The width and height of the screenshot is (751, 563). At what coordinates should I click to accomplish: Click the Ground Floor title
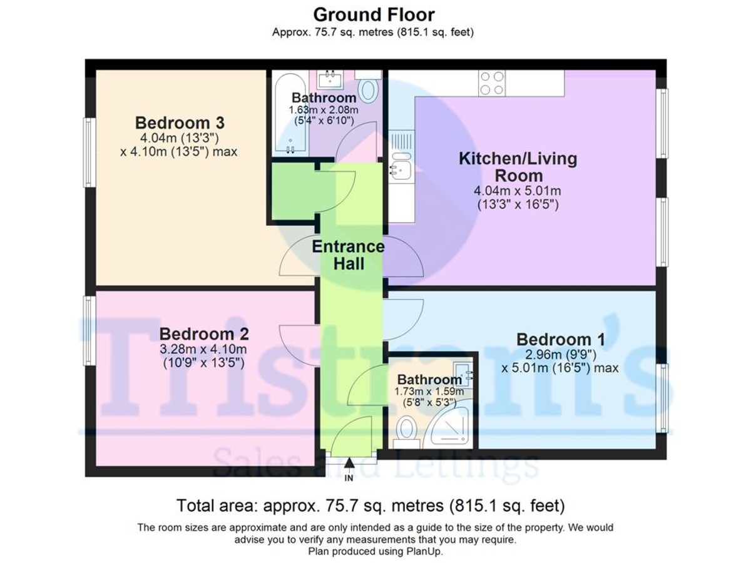click(x=374, y=14)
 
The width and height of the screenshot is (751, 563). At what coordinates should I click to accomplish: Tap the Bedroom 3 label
click(x=180, y=122)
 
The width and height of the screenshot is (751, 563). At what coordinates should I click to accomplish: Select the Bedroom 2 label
click(x=204, y=333)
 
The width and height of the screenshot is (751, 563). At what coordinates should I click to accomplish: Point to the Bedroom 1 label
click(x=560, y=340)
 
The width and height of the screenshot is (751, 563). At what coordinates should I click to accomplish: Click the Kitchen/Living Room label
click(x=518, y=166)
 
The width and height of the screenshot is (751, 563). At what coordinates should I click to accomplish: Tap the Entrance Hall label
click(x=348, y=255)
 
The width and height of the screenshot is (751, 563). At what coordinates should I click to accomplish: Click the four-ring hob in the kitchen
click(x=492, y=83)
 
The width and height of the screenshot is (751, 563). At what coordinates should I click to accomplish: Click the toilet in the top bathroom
click(x=369, y=89)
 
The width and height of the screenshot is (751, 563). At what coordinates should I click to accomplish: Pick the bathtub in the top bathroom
click(x=290, y=113)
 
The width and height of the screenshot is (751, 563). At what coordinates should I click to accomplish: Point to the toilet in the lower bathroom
click(x=407, y=430)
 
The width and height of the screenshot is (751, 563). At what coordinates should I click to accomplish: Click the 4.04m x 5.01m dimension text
click(x=518, y=191)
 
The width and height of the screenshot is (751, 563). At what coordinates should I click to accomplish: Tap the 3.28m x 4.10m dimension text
click(x=204, y=349)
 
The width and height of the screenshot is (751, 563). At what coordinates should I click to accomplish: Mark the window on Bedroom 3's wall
click(x=89, y=152)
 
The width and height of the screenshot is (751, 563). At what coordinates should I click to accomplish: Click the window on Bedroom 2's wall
click(x=89, y=330)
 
